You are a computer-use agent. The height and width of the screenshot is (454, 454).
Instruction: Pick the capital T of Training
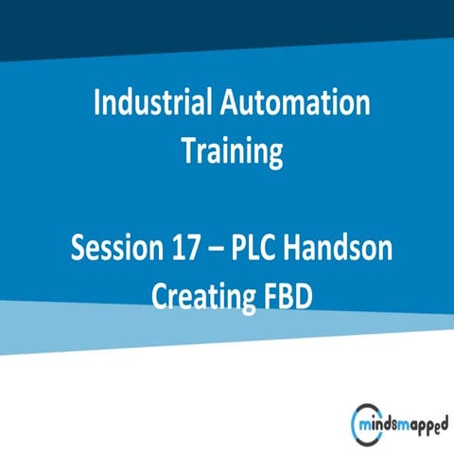(189, 151)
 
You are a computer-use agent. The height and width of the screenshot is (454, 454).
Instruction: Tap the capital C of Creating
(160, 295)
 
